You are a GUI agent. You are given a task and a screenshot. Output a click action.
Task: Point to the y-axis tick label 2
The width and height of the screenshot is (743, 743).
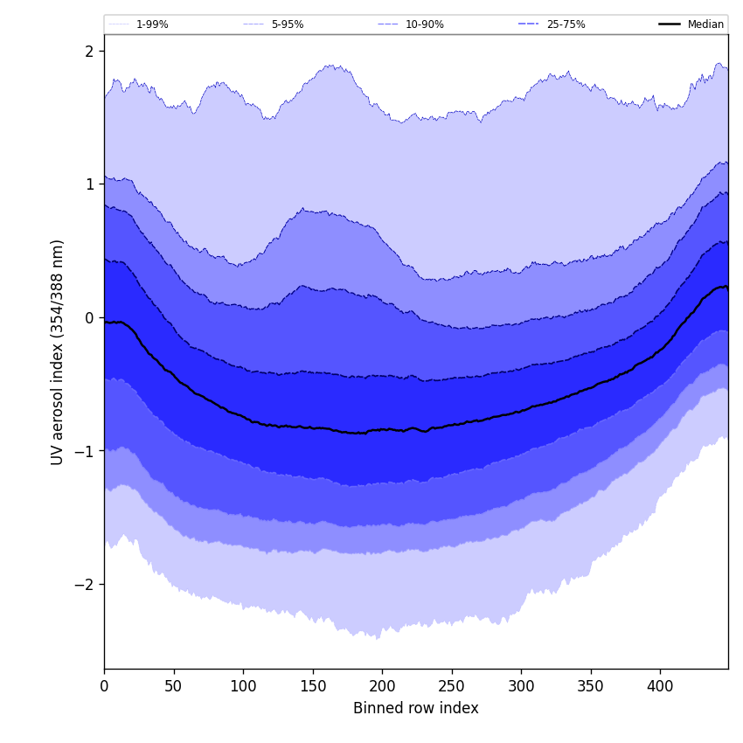pyautogui.click(x=89, y=52)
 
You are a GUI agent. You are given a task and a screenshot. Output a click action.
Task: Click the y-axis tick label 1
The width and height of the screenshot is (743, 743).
pyautogui.click(x=89, y=184)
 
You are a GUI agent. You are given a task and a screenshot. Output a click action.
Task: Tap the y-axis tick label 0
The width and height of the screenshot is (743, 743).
pyautogui.click(x=89, y=318)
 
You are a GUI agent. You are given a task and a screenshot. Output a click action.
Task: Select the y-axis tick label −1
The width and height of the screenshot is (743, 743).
pyautogui.click(x=85, y=451)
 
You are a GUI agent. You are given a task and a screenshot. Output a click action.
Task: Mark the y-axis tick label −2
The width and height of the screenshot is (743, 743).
pyautogui.click(x=85, y=585)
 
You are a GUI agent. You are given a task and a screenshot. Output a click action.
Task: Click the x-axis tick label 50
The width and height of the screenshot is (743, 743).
pyautogui.click(x=174, y=687)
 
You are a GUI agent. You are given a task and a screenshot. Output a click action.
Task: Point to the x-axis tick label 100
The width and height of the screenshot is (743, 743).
pyautogui.click(x=243, y=687)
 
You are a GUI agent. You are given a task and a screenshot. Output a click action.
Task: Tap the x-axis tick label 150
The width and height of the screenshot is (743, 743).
pyautogui.click(x=313, y=687)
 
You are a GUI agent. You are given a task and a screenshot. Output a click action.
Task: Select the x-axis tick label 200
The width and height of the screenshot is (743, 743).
pyautogui.click(x=382, y=687)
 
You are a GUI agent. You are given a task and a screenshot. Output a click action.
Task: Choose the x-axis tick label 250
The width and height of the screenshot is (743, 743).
pyautogui.click(x=452, y=687)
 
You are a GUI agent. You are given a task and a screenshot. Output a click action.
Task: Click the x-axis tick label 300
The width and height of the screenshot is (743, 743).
pyautogui.click(x=521, y=687)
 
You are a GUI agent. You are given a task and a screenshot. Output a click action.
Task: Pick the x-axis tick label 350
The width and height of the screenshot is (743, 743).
pyautogui.click(x=591, y=687)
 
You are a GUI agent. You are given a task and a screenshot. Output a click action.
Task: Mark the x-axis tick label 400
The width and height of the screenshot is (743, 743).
pyautogui.click(x=660, y=687)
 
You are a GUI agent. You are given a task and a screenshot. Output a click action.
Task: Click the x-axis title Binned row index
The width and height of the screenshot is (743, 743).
pyautogui.click(x=416, y=709)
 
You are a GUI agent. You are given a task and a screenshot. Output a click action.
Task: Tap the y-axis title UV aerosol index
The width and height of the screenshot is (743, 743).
pyautogui.click(x=58, y=352)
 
